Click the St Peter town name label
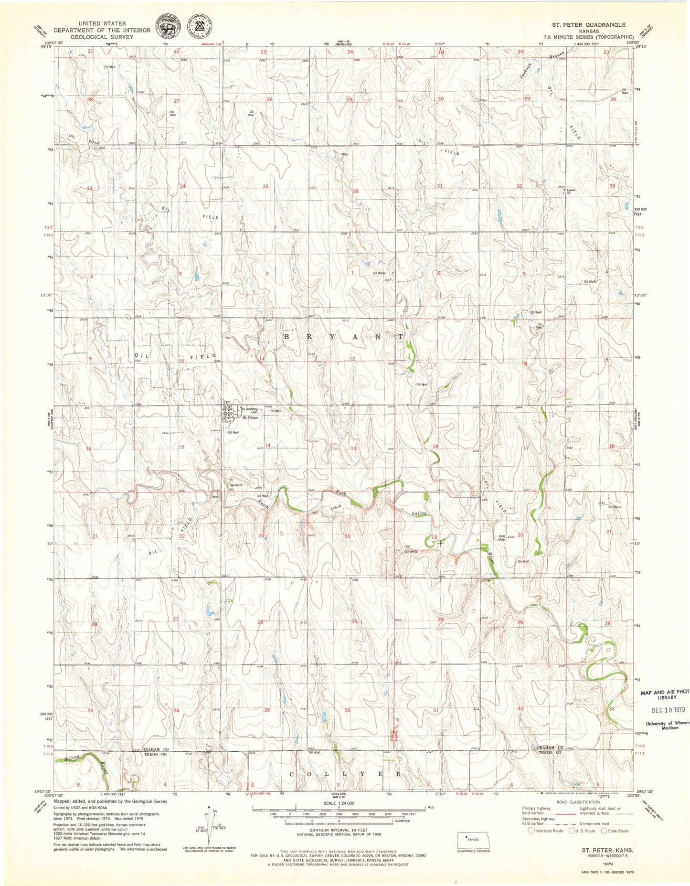click(250, 417)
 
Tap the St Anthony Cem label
click(250, 410)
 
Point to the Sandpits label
click(236, 485)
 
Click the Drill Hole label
click(502, 537)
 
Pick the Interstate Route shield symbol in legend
click(531, 831)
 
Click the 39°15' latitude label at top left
click(46, 47)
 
